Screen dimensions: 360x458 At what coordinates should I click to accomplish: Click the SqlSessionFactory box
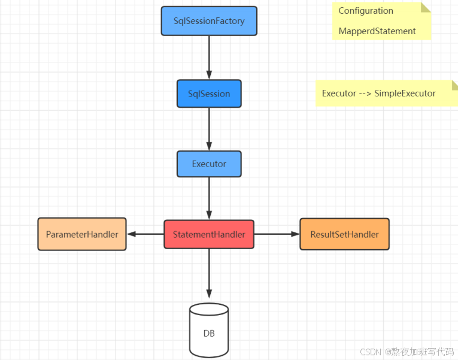[209, 21]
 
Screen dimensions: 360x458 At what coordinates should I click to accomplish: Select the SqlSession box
[209, 93]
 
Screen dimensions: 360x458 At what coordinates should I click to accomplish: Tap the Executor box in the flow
[209, 164]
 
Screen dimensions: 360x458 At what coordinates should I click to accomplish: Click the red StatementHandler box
[209, 234]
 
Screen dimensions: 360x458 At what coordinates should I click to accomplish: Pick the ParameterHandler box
[82, 234]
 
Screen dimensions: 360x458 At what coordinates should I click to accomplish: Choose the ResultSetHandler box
[344, 234]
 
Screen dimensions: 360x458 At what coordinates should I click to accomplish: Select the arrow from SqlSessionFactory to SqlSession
[209, 58]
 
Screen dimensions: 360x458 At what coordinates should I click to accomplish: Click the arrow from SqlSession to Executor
[209, 129]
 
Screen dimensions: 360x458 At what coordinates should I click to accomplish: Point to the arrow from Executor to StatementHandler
[209, 199]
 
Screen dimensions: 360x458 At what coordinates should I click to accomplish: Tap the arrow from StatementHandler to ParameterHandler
[145, 234]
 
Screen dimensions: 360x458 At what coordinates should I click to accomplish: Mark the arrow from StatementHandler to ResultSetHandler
[277, 234]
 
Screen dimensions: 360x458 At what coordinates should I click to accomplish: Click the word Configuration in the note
[366, 11]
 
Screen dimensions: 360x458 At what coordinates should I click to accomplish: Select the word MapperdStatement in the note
[377, 31]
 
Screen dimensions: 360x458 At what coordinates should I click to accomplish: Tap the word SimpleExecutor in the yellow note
[405, 93]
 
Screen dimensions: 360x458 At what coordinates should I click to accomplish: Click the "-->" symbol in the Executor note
[365, 93]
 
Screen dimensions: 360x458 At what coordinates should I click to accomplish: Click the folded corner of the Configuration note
[426, 7]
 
